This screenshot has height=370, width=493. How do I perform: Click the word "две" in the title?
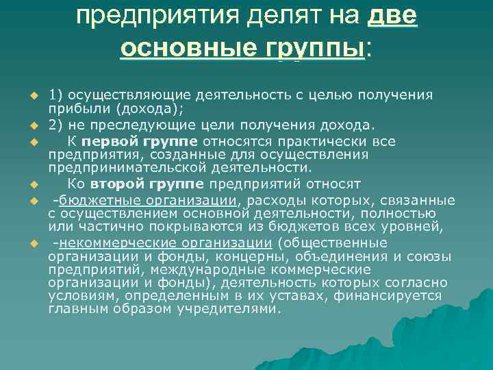[392, 16]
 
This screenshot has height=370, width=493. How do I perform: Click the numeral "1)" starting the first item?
[55, 94]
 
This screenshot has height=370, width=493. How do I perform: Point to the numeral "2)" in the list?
[55, 124]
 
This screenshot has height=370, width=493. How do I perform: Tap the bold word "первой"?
[110, 140]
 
